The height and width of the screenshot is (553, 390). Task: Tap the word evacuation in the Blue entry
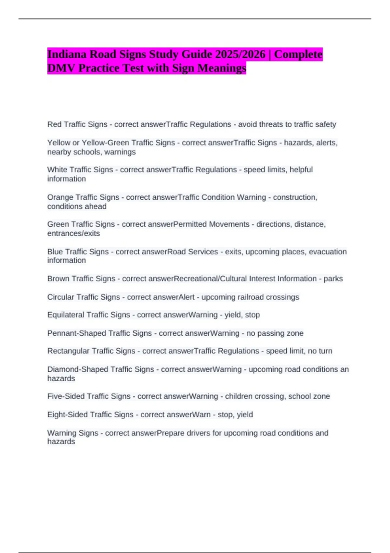coord(328,252)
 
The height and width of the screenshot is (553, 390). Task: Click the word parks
coord(333,278)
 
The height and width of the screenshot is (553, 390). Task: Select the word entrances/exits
coord(73,233)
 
